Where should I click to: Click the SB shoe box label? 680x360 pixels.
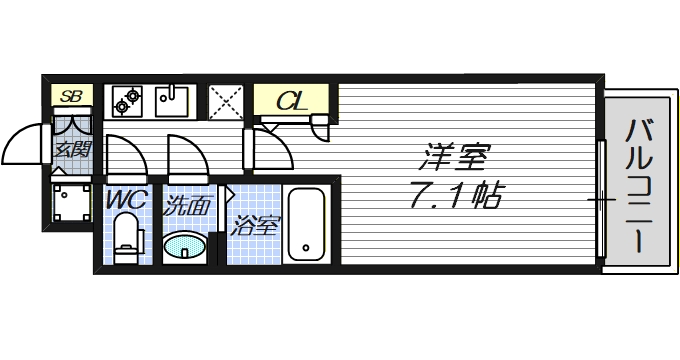click(x=70, y=97)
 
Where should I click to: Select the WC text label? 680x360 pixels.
click(x=127, y=200)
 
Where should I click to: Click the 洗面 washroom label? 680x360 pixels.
click(x=187, y=208)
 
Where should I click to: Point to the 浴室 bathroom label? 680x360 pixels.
click(x=254, y=226)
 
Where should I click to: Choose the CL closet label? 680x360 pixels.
click(x=290, y=101)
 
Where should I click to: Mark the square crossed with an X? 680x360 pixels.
click(x=226, y=102)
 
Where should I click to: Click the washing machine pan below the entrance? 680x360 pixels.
click(x=70, y=205)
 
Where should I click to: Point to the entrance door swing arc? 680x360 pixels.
click(x=25, y=150)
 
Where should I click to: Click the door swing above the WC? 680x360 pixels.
click(x=126, y=155)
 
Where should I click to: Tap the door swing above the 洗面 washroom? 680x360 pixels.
click(x=187, y=155)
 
